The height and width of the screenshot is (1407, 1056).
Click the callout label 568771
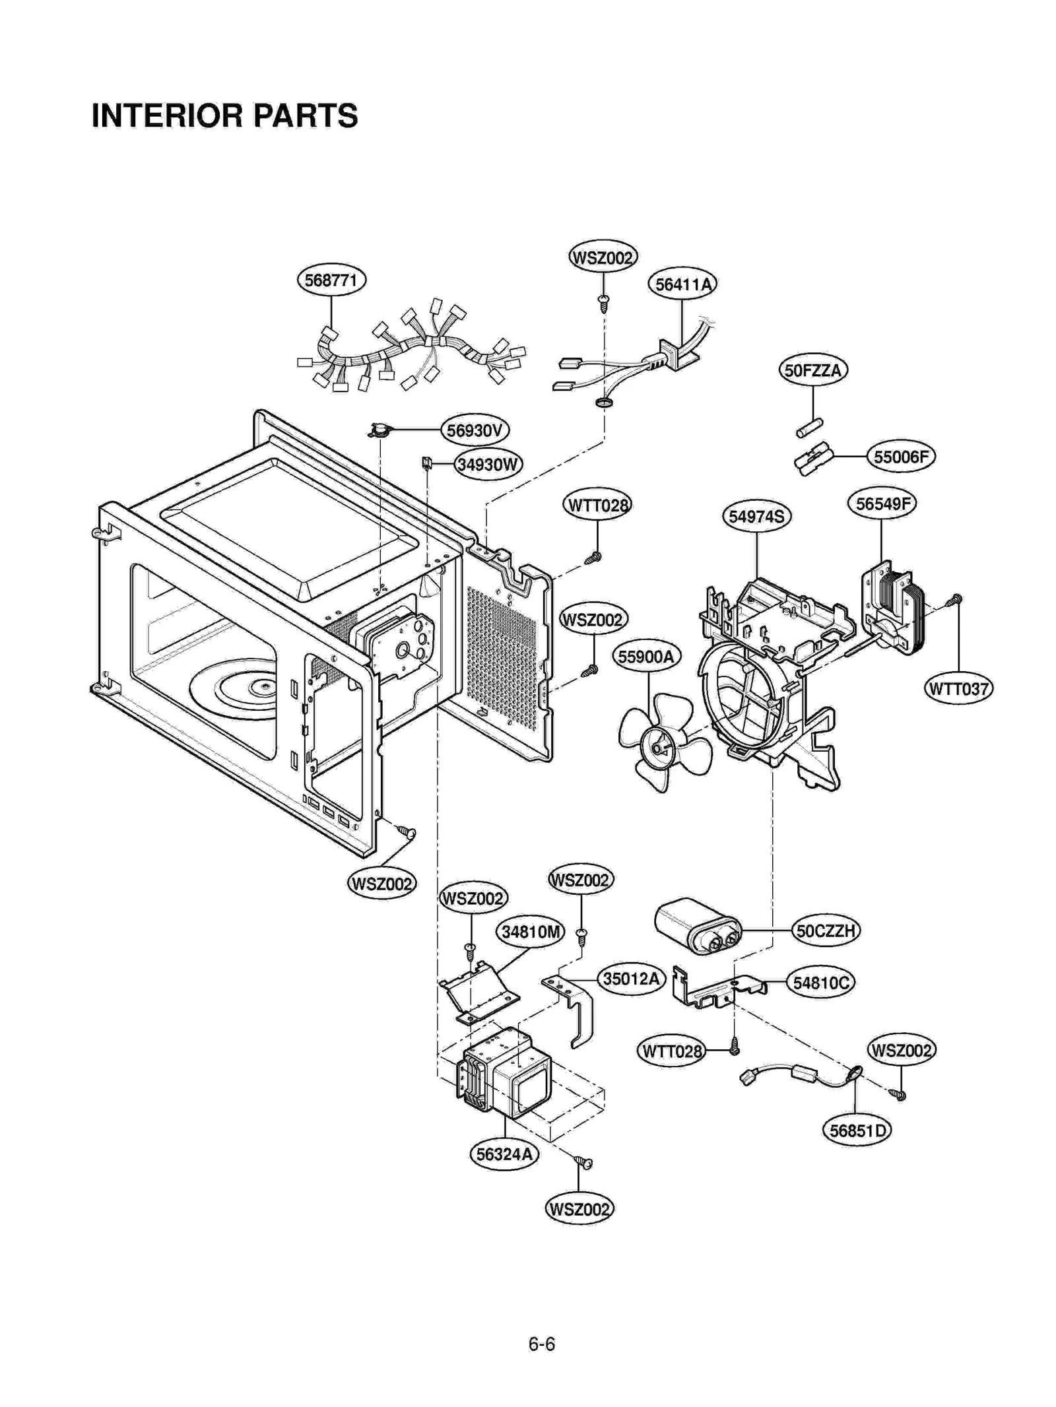click(x=331, y=280)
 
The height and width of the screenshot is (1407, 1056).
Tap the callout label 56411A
click(x=682, y=284)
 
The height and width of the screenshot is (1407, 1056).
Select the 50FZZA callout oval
click(x=812, y=370)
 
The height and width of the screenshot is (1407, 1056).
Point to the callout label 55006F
click(x=900, y=456)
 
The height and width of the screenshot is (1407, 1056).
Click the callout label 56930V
click(x=475, y=431)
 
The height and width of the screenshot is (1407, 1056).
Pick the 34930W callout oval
click(x=488, y=465)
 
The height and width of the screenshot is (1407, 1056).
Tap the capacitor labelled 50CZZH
click(x=696, y=925)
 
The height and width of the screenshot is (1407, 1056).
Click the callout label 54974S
click(x=756, y=516)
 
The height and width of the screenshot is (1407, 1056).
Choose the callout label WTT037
click(x=958, y=689)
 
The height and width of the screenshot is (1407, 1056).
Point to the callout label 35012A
click(x=631, y=979)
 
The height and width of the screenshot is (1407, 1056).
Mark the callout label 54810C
click(x=820, y=983)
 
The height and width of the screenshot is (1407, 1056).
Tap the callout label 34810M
click(x=530, y=933)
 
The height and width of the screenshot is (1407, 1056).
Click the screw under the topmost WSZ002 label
click(x=603, y=303)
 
